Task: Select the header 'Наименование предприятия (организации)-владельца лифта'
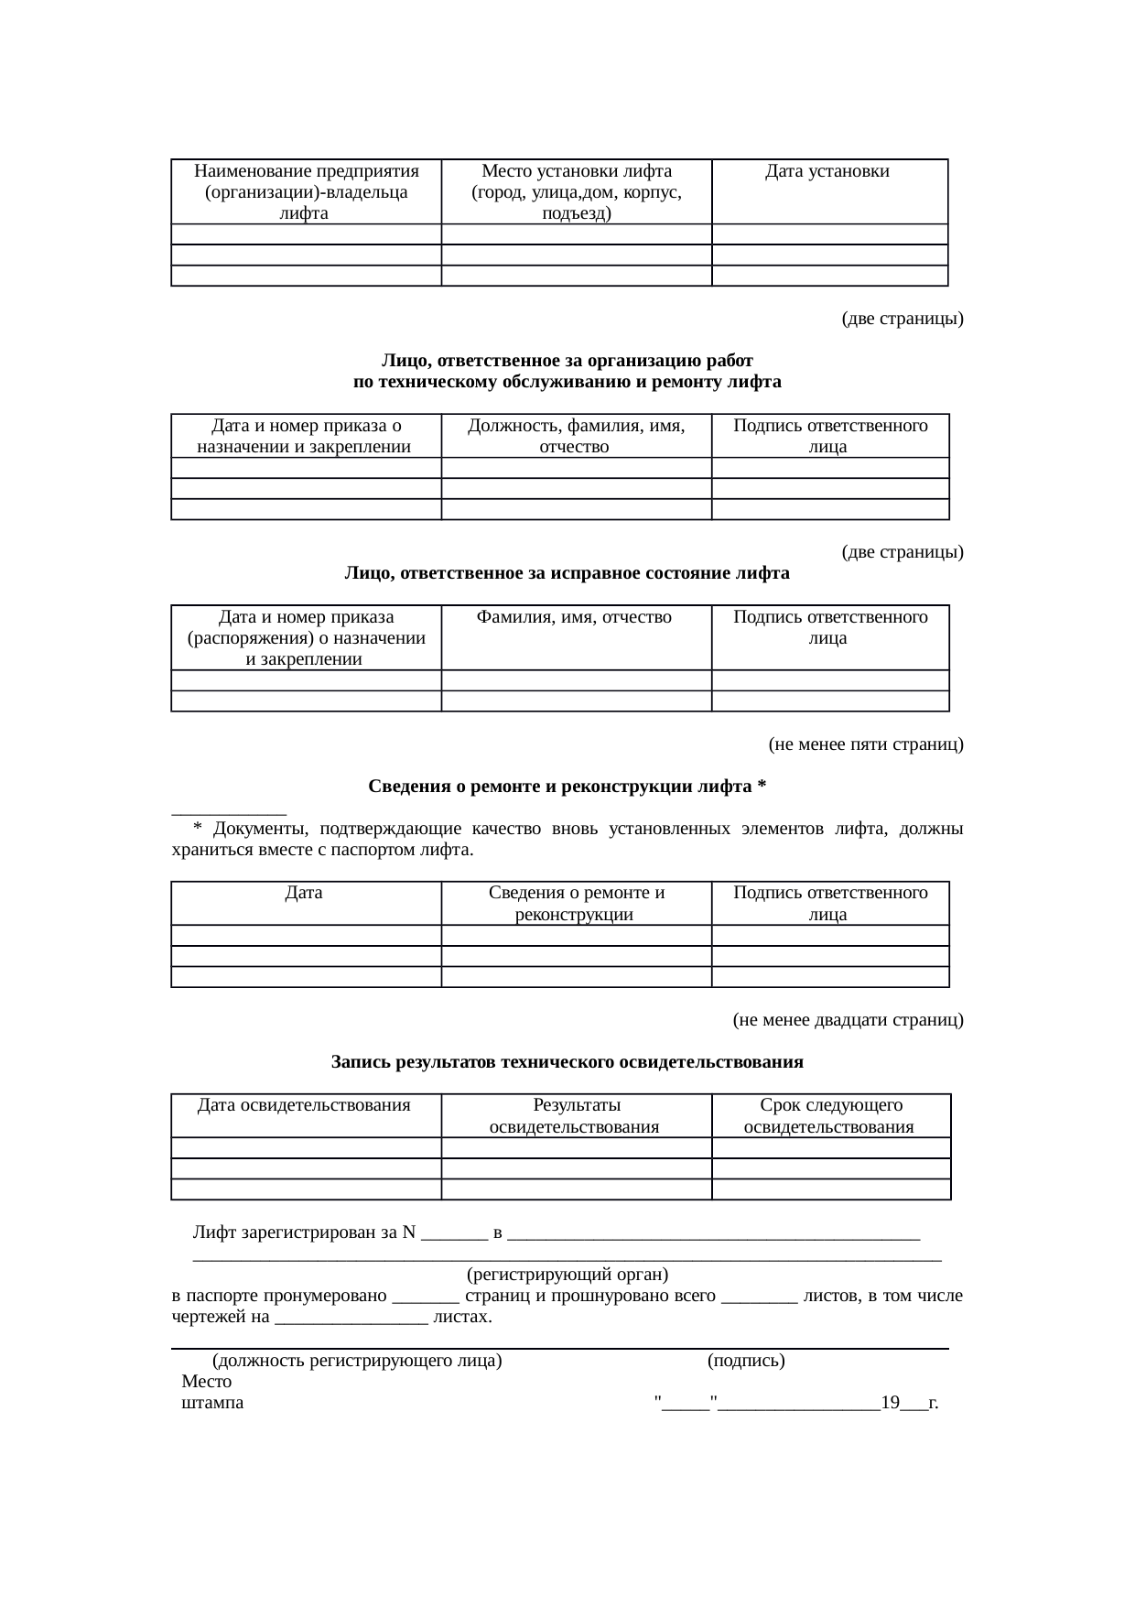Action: pyautogui.click(x=306, y=192)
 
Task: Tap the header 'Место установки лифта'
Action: pyautogui.click(x=576, y=171)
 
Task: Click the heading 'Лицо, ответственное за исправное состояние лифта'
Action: pyautogui.click(x=567, y=573)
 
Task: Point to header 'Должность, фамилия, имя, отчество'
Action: pyautogui.click(x=576, y=436)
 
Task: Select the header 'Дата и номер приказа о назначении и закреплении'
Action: pyautogui.click(x=306, y=436)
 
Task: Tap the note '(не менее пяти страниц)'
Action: pyautogui.click(x=865, y=744)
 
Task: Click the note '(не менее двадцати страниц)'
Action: pyautogui.click(x=847, y=1019)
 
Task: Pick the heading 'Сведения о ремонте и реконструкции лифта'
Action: pyautogui.click(x=567, y=787)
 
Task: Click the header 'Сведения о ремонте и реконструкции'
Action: pyautogui.click(x=576, y=903)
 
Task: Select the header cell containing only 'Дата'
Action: pyautogui.click(x=304, y=893)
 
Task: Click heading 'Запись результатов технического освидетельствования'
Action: pyautogui.click(x=567, y=1062)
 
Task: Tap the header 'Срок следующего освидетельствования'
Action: pyautogui.click(x=830, y=1115)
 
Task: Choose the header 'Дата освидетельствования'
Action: pyautogui.click(x=304, y=1105)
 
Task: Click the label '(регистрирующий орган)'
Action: pyautogui.click(x=567, y=1275)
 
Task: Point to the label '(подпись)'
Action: pyautogui.click(x=745, y=1361)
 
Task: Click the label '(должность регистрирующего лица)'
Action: pyautogui.click(x=357, y=1361)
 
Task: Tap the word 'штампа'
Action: pyautogui.click(x=212, y=1403)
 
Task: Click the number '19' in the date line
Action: pyautogui.click(x=890, y=1403)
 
